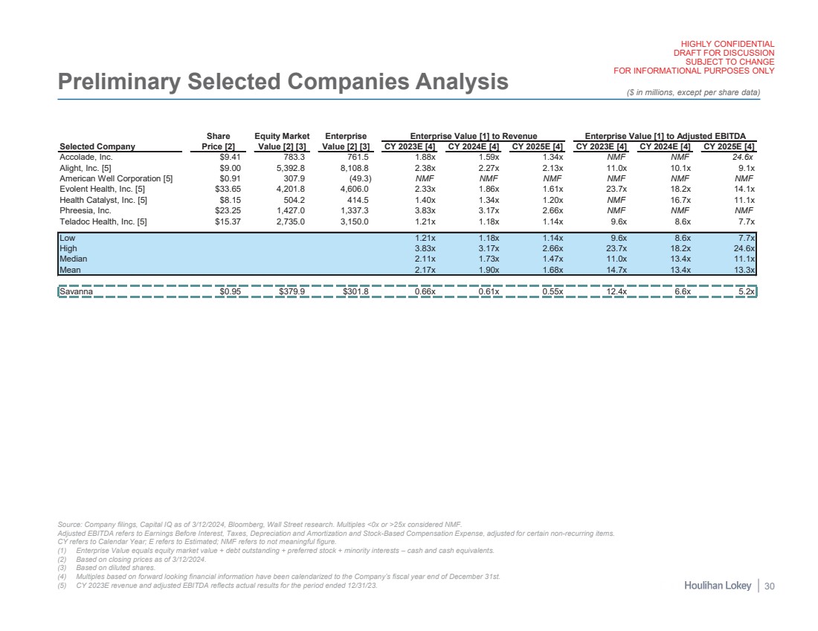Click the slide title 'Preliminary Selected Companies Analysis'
coord(283,82)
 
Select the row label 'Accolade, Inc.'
coord(86,158)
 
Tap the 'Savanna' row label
coord(77,292)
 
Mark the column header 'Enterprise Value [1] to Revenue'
coord(474,136)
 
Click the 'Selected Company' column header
coord(98,146)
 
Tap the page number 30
coord(770,587)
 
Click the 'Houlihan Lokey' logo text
coord(718,587)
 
